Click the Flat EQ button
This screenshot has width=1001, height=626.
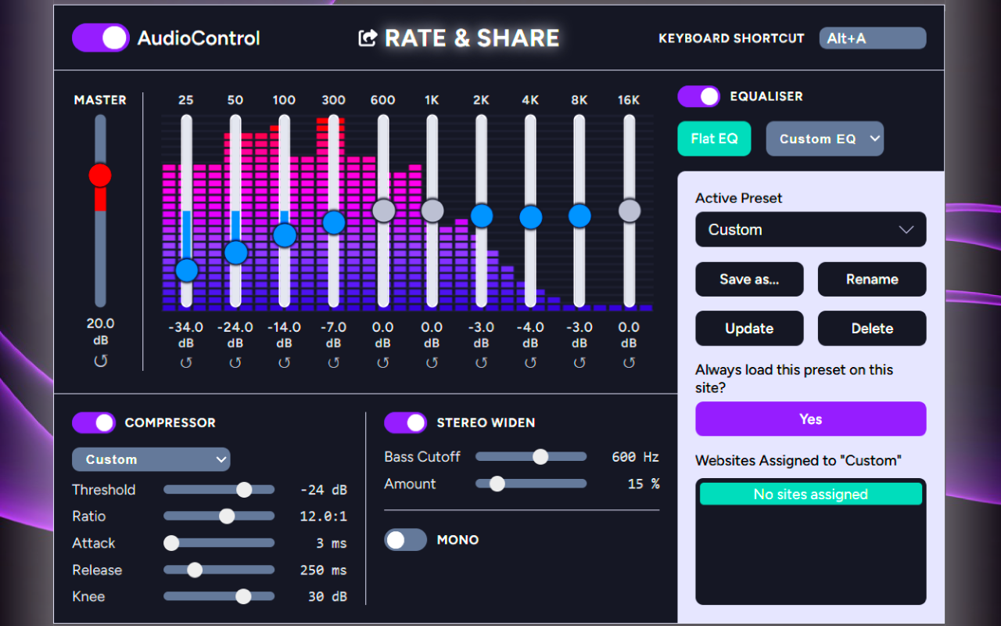pyautogui.click(x=714, y=139)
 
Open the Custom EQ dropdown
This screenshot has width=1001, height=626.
pyautogui.click(x=824, y=139)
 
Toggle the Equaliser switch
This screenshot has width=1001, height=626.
pyautogui.click(x=698, y=96)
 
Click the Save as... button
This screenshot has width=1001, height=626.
pyautogui.click(x=749, y=279)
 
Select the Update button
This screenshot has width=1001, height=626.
pyautogui.click(x=749, y=329)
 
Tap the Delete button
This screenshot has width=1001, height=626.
pyautogui.click(x=872, y=329)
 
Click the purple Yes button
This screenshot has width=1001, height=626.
pyautogui.click(x=810, y=419)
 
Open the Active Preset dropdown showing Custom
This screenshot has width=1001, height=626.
pyautogui.click(x=810, y=229)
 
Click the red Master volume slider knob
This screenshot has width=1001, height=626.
pyautogui.click(x=100, y=175)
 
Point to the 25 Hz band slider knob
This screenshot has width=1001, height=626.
pyautogui.click(x=187, y=270)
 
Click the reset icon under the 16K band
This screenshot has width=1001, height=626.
pyautogui.click(x=630, y=362)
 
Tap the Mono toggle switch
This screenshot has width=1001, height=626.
pyautogui.click(x=405, y=540)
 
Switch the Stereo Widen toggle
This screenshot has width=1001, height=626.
pyautogui.click(x=405, y=423)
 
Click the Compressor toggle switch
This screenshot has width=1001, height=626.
pyautogui.click(x=94, y=423)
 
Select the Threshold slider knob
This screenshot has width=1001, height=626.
pyautogui.click(x=244, y=490)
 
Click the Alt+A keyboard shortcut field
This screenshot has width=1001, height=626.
pyautogui.click(x=872, y=38)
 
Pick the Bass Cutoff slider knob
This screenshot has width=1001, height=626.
pyautogui.click(x=540, y=457)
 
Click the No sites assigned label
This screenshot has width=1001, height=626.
pyautogui.click(x=810, y=494)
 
